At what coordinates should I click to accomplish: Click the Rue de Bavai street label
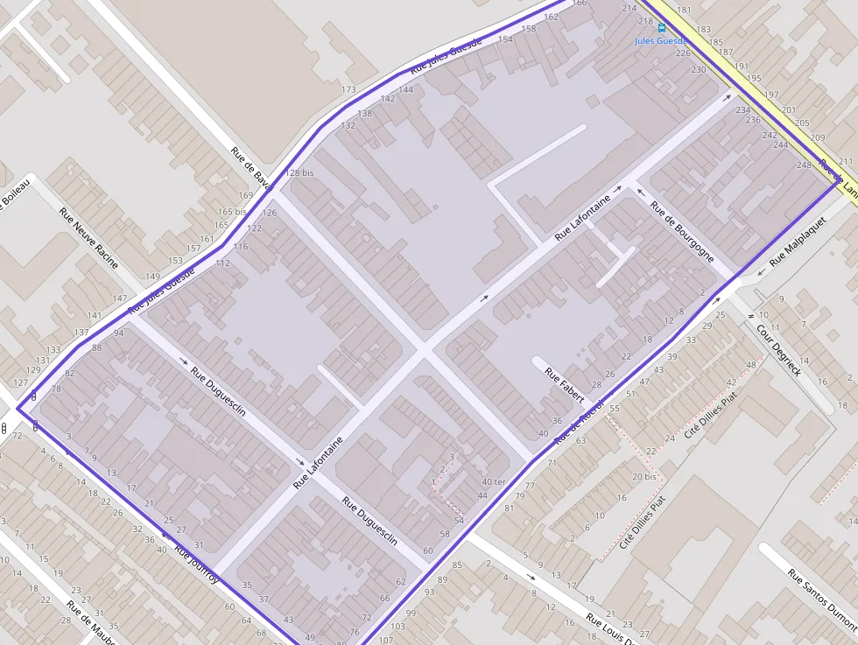click(253, 166)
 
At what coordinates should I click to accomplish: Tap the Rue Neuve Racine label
click(88, 236)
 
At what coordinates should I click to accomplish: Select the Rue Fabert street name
click(565, 385)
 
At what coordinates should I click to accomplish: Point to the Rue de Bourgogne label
click(682, 232)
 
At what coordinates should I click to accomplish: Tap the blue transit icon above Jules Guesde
click(661, 27)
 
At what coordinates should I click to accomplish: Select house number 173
click(348, 90)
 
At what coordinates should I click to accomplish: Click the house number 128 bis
click(299, 172)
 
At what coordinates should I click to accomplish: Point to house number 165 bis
click(232, 212)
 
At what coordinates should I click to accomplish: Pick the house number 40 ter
click(494, 482)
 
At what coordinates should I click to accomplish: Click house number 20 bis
click(643, 477)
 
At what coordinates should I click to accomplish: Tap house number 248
click(804, 165)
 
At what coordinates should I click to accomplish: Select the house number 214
click(629, 8)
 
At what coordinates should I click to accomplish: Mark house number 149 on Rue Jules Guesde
click(152, 277)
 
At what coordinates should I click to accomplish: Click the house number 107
click(385, 640)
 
